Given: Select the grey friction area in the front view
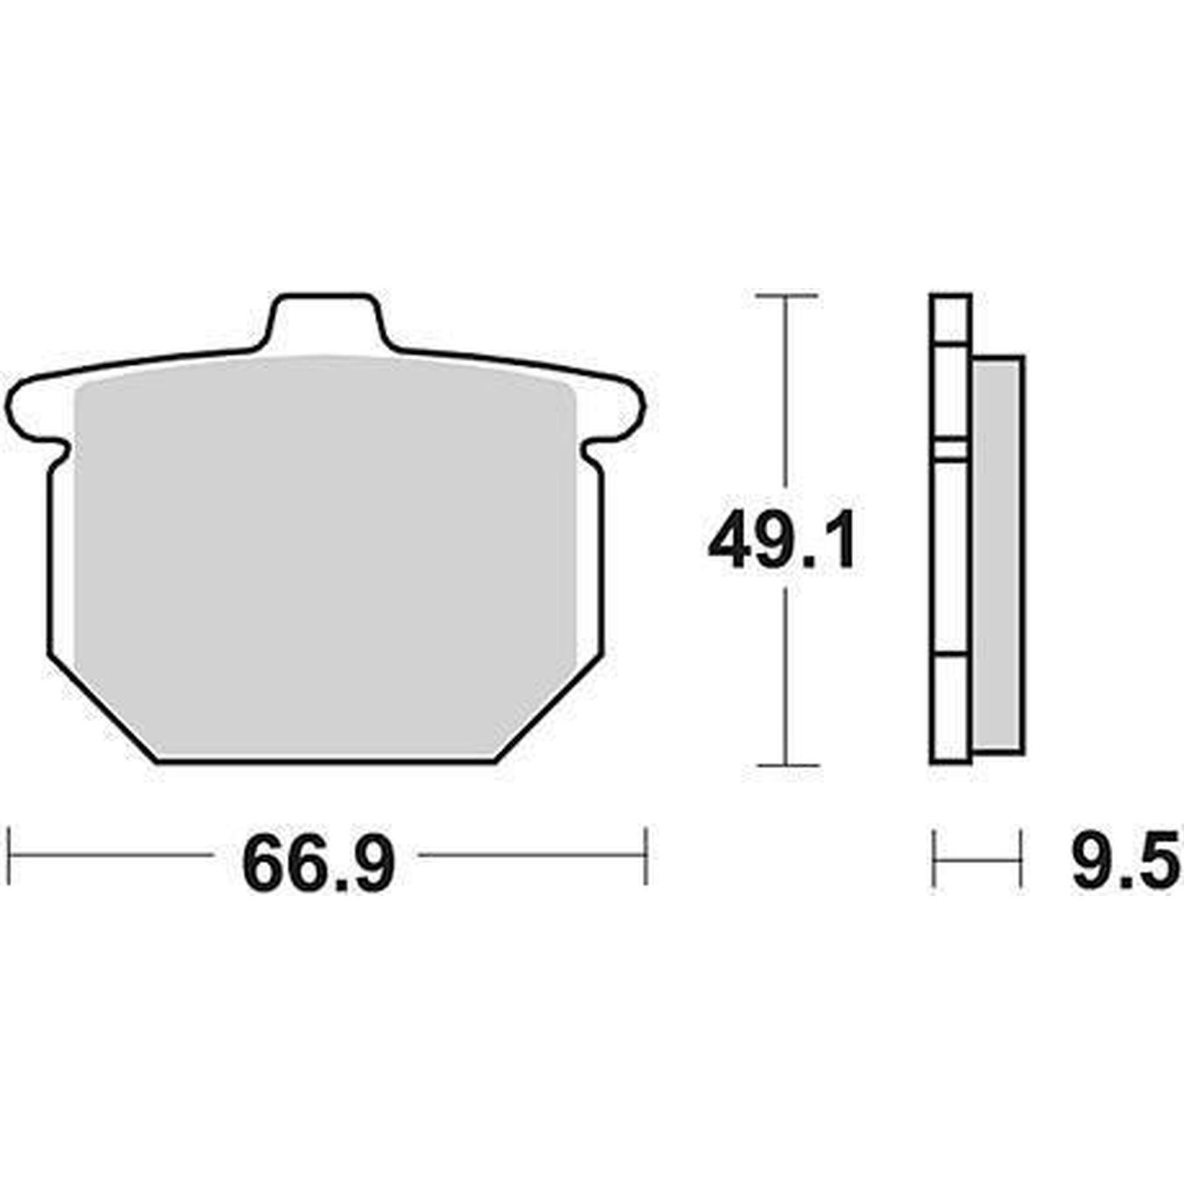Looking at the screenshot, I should coord(324,552).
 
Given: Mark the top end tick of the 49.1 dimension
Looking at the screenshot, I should coord(786,296).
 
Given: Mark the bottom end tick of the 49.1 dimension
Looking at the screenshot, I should coord(786,765).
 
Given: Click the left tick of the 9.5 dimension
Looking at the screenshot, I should coord(934,858).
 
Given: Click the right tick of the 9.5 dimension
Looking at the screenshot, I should coord(1021,858).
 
